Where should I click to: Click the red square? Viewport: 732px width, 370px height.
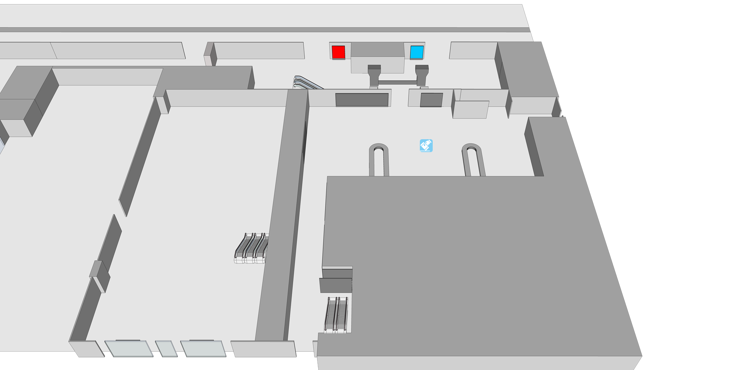pyautogui.click(x=338, y=52)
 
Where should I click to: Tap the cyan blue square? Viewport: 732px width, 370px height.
pyautogui.click(x=417, y=52)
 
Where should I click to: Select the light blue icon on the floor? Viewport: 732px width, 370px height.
pyautogui.click(x=426, y=146)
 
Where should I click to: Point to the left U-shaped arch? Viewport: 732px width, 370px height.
pyautogui.click(x=379, y=159)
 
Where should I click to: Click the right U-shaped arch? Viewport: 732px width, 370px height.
pyautogui.click(x=472, y=159)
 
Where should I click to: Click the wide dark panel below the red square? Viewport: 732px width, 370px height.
pyautogui.click(x=362, y=99)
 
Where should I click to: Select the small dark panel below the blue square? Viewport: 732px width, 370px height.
pyautogui.click(x=431, y=100)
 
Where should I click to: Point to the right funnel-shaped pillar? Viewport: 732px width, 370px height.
pyautogui.click(x=422, y=75)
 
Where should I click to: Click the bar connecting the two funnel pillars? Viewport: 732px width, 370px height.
pyautogui.click(x=398, y=82)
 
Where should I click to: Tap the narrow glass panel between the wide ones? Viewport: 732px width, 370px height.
pyautogui.click(x=166, y=348)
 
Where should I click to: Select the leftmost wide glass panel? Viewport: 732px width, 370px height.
pyautogui.click(x=128, y=348)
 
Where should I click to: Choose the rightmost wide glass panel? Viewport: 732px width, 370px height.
pyautogui.click(x=203, y=348)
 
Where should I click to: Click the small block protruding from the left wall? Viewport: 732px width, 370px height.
pyautogui.click(x=99, y=275)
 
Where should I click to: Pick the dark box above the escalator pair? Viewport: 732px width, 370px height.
pyautogui.click(x=336, y=284)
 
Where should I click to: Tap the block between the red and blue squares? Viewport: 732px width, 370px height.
pyautogui.click(x=378, y=57)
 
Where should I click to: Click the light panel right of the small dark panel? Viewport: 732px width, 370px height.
pyautogui.click(x=470, y=109)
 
